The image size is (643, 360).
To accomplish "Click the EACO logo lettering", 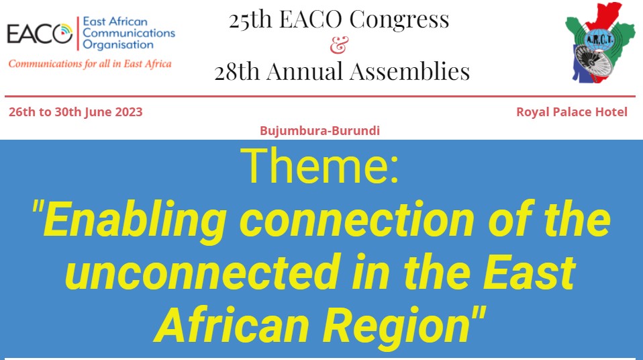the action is (40, 34).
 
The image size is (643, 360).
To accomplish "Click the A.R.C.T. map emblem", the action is (599, 43).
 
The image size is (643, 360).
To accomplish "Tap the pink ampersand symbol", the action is (339, 45).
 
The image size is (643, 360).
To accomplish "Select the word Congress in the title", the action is (399, 19).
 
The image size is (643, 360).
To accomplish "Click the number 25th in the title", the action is (250, 19).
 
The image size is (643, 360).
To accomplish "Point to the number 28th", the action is (237, 71).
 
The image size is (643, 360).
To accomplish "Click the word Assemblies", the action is (409, 71).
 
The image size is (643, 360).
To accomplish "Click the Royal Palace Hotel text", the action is (572, 112).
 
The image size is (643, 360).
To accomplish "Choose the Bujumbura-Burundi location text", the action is (320, 130).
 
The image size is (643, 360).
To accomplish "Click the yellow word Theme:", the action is (319, 166).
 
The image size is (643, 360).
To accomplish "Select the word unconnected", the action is (203, 273).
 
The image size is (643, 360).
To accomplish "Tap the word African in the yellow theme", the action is (232, 324).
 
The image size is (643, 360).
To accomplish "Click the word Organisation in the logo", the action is (118, 45).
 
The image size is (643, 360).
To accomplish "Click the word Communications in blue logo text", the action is (129, 33).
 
